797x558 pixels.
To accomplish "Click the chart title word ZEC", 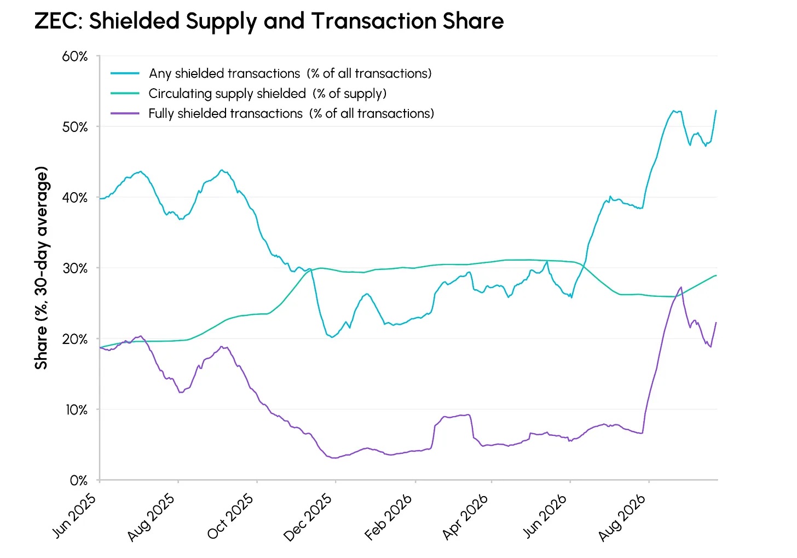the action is coord(58,21).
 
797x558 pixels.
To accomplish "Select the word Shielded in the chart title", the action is coord(134,21).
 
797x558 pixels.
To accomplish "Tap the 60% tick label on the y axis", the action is coord(74,56).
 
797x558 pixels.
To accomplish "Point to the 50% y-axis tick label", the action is coord(74,127).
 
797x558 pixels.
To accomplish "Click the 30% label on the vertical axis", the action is coord(74,268).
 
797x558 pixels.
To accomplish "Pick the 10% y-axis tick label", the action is coord(76,410).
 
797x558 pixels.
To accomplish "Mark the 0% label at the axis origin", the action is coord(79,480).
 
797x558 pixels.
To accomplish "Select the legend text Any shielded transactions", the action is coord(224,73).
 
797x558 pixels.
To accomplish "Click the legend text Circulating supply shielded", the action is coord(227,93).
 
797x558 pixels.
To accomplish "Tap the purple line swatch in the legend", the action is coord(125,113).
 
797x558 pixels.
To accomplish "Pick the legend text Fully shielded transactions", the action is coord(225,113).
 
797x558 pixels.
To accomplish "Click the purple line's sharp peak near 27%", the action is coord(681,287).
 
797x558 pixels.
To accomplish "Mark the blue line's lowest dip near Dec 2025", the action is coord(332,337).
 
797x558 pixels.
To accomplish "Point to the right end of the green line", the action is coord(716,275).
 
